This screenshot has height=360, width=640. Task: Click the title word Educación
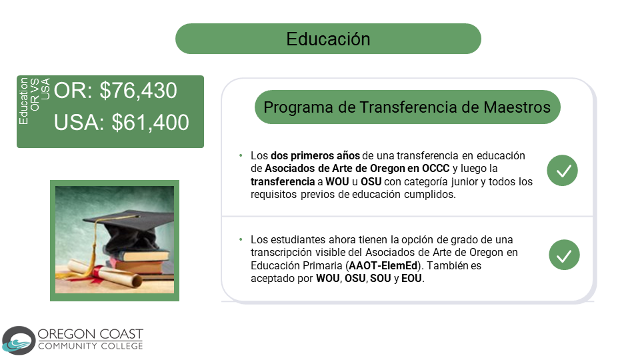click(x=328, y=39)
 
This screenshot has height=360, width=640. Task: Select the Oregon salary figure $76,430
click(x=139, y=90)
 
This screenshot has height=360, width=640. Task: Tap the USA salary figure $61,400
click(x=150, y=122)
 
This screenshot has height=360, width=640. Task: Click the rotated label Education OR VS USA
click(x=34, y=101)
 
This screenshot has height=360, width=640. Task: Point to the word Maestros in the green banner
click(x=517, y=107)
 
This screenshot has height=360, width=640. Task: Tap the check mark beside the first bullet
click(x=563, y=171)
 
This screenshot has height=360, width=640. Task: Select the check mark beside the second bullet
click(x=564, y=255)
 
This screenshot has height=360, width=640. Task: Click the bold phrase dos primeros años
click(x=315, y=155)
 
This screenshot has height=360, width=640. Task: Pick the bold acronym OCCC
click(x=435, y=168)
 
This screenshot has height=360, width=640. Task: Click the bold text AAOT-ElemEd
click(x=383, y=266)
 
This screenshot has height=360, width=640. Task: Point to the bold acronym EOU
click(x=411, y=279)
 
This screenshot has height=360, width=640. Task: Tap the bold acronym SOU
click(x=381, y=279)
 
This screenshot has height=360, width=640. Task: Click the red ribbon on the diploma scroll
click(x=97, y=273)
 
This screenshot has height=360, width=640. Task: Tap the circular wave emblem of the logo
click(x=19, y=341)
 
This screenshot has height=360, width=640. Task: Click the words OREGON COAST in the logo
click(x=90, y=334)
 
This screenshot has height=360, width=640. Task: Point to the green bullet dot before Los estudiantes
click(x=241, y=239)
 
